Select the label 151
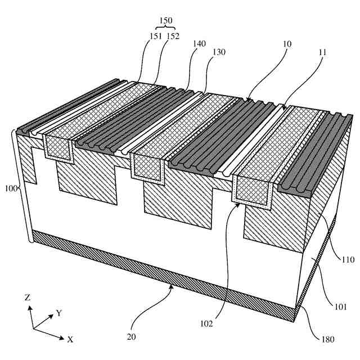(156, 36)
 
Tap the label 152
(173, 36)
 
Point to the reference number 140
(199, 50)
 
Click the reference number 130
(219, 52)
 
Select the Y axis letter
(58, 313)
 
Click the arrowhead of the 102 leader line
(240, 205)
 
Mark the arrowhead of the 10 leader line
(246, 100)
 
